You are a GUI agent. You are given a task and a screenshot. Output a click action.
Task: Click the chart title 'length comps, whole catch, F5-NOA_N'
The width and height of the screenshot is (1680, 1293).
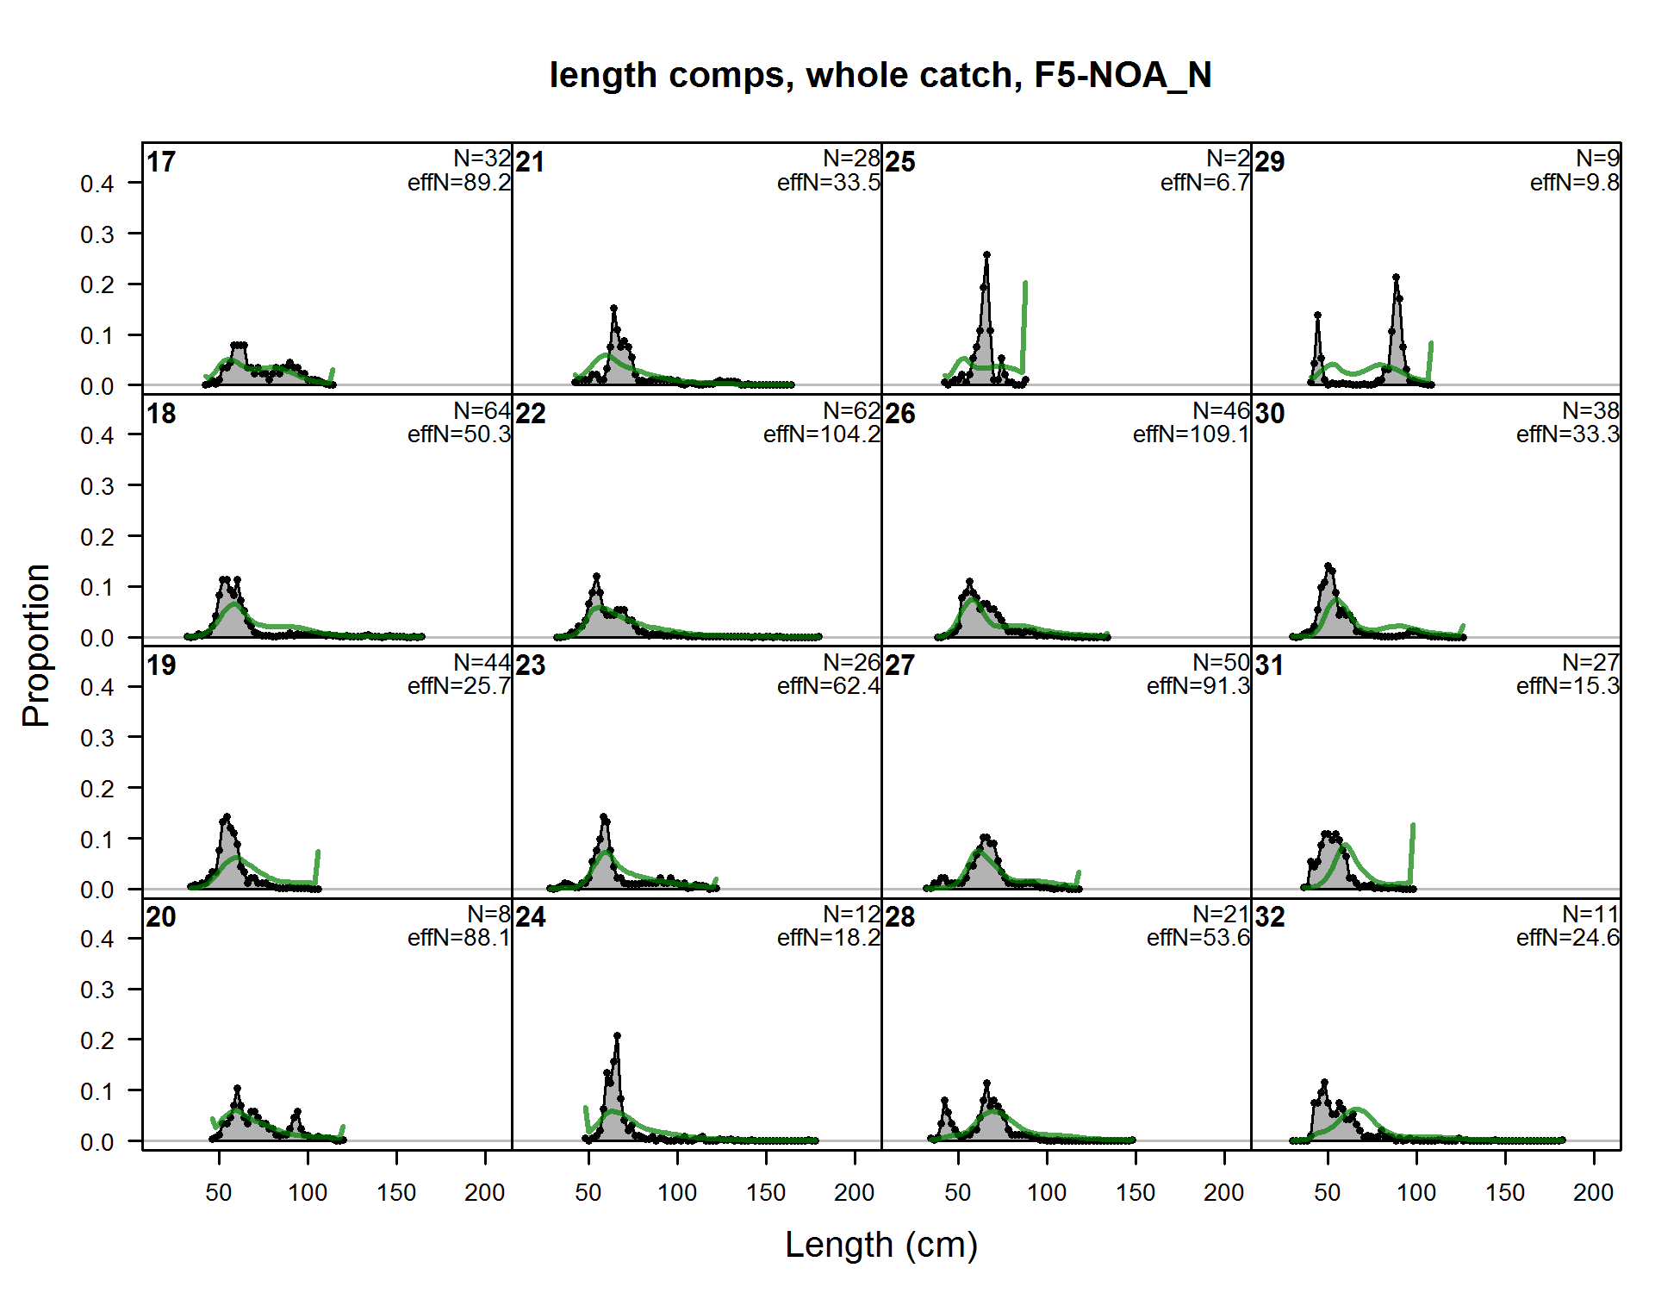880,75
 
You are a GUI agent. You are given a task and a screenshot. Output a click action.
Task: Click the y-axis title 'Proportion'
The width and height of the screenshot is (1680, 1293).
36,646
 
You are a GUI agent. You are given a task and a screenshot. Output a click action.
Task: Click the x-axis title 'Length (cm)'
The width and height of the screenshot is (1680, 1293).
880,1245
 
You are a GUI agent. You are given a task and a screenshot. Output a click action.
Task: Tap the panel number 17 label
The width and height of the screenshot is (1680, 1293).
161,162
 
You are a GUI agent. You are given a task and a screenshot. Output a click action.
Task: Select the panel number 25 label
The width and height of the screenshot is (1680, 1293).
900,162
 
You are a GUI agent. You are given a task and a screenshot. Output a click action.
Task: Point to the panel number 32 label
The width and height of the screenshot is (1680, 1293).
1270,917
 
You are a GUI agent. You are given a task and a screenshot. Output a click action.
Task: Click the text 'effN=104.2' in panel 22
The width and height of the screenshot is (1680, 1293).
821,434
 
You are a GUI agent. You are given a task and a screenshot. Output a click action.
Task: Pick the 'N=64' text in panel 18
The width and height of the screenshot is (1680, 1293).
482,411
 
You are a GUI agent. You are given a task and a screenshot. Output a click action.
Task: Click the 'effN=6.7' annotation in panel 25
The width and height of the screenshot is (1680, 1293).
1204,183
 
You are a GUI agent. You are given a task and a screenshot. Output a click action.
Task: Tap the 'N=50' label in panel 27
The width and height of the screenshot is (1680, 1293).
1220,663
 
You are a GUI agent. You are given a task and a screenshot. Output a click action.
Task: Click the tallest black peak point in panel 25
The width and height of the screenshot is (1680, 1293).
986,255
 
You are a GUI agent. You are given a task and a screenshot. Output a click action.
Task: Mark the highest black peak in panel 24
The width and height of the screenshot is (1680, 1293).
617,1036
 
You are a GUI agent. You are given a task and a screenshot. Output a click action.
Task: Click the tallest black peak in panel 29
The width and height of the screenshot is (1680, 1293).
1396,278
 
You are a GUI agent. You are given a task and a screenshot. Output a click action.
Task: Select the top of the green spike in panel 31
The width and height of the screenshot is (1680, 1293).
1413,826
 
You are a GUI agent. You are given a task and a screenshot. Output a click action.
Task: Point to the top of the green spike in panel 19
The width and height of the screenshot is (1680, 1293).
318,853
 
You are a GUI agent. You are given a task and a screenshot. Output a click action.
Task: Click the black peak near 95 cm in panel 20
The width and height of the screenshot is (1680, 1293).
297,1112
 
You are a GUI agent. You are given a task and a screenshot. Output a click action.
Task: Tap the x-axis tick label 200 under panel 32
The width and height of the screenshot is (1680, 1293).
1593,1193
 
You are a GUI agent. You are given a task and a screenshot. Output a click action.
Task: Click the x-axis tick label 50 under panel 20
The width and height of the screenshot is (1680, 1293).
219,1193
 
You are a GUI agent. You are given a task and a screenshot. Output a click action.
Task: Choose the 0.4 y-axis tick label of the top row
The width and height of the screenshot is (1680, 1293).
96,184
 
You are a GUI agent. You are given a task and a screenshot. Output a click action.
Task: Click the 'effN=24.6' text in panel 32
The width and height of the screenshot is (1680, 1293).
1567,938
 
